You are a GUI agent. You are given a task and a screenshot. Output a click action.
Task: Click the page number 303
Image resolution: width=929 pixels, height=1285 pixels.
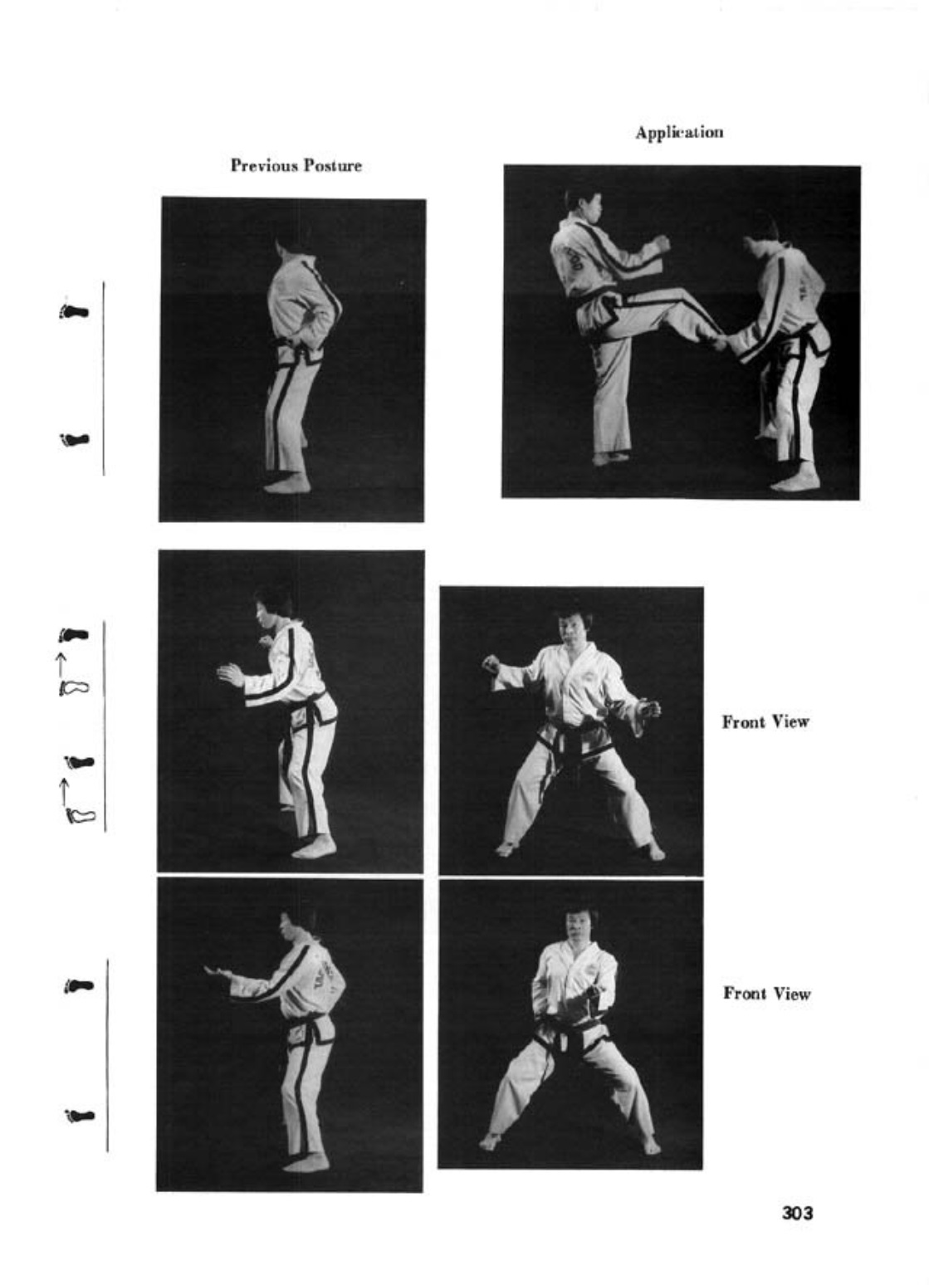pyautogui.click(x=798, y=1214)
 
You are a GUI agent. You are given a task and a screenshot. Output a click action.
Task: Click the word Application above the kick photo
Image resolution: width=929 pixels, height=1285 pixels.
pyautogui.click(x=679, y=133)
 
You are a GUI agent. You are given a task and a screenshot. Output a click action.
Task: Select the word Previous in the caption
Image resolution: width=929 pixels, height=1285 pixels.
pyautogui.click(x=265, y=166)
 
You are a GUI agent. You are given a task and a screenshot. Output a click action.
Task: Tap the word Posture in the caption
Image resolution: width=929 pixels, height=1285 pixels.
pyautogui.click(x=333, y=166)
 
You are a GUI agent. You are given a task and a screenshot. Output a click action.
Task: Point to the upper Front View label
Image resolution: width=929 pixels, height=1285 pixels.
pyautogui.click(x=765, y=721)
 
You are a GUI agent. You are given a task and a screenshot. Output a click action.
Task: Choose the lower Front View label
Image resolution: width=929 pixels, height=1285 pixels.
pyautogui.click(x=766, y=993)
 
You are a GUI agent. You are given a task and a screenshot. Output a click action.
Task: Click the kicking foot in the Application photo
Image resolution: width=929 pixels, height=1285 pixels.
pyautogui.click(x=717, y=342)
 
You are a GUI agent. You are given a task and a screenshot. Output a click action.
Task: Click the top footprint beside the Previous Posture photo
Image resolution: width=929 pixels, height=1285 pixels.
pyautogui.click(x=74, y=311)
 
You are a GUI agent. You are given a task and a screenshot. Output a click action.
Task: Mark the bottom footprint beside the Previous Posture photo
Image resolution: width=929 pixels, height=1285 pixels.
pyautogui.click(x=74, y=439)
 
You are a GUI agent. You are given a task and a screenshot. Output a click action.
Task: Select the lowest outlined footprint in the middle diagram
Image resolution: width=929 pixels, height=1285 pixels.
pyautogui.click(x=79, y=815)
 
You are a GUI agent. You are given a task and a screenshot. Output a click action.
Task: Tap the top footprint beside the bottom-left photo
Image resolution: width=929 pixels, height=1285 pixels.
pyautogui.click(x=78, y=985)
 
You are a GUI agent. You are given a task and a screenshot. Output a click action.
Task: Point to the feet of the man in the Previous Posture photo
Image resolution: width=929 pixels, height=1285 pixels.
pyautogui.click(x=287, y=485)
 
